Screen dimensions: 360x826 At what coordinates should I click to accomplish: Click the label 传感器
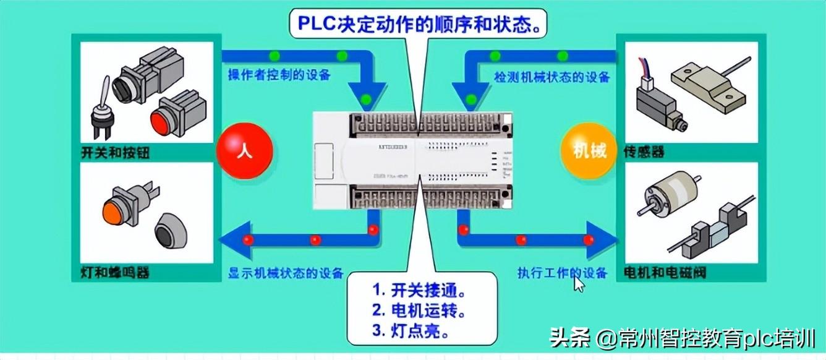[x=644, y=153]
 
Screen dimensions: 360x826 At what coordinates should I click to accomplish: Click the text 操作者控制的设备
[x=279, y=75]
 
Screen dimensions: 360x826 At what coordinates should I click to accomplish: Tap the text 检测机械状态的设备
[x=551, y=77]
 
